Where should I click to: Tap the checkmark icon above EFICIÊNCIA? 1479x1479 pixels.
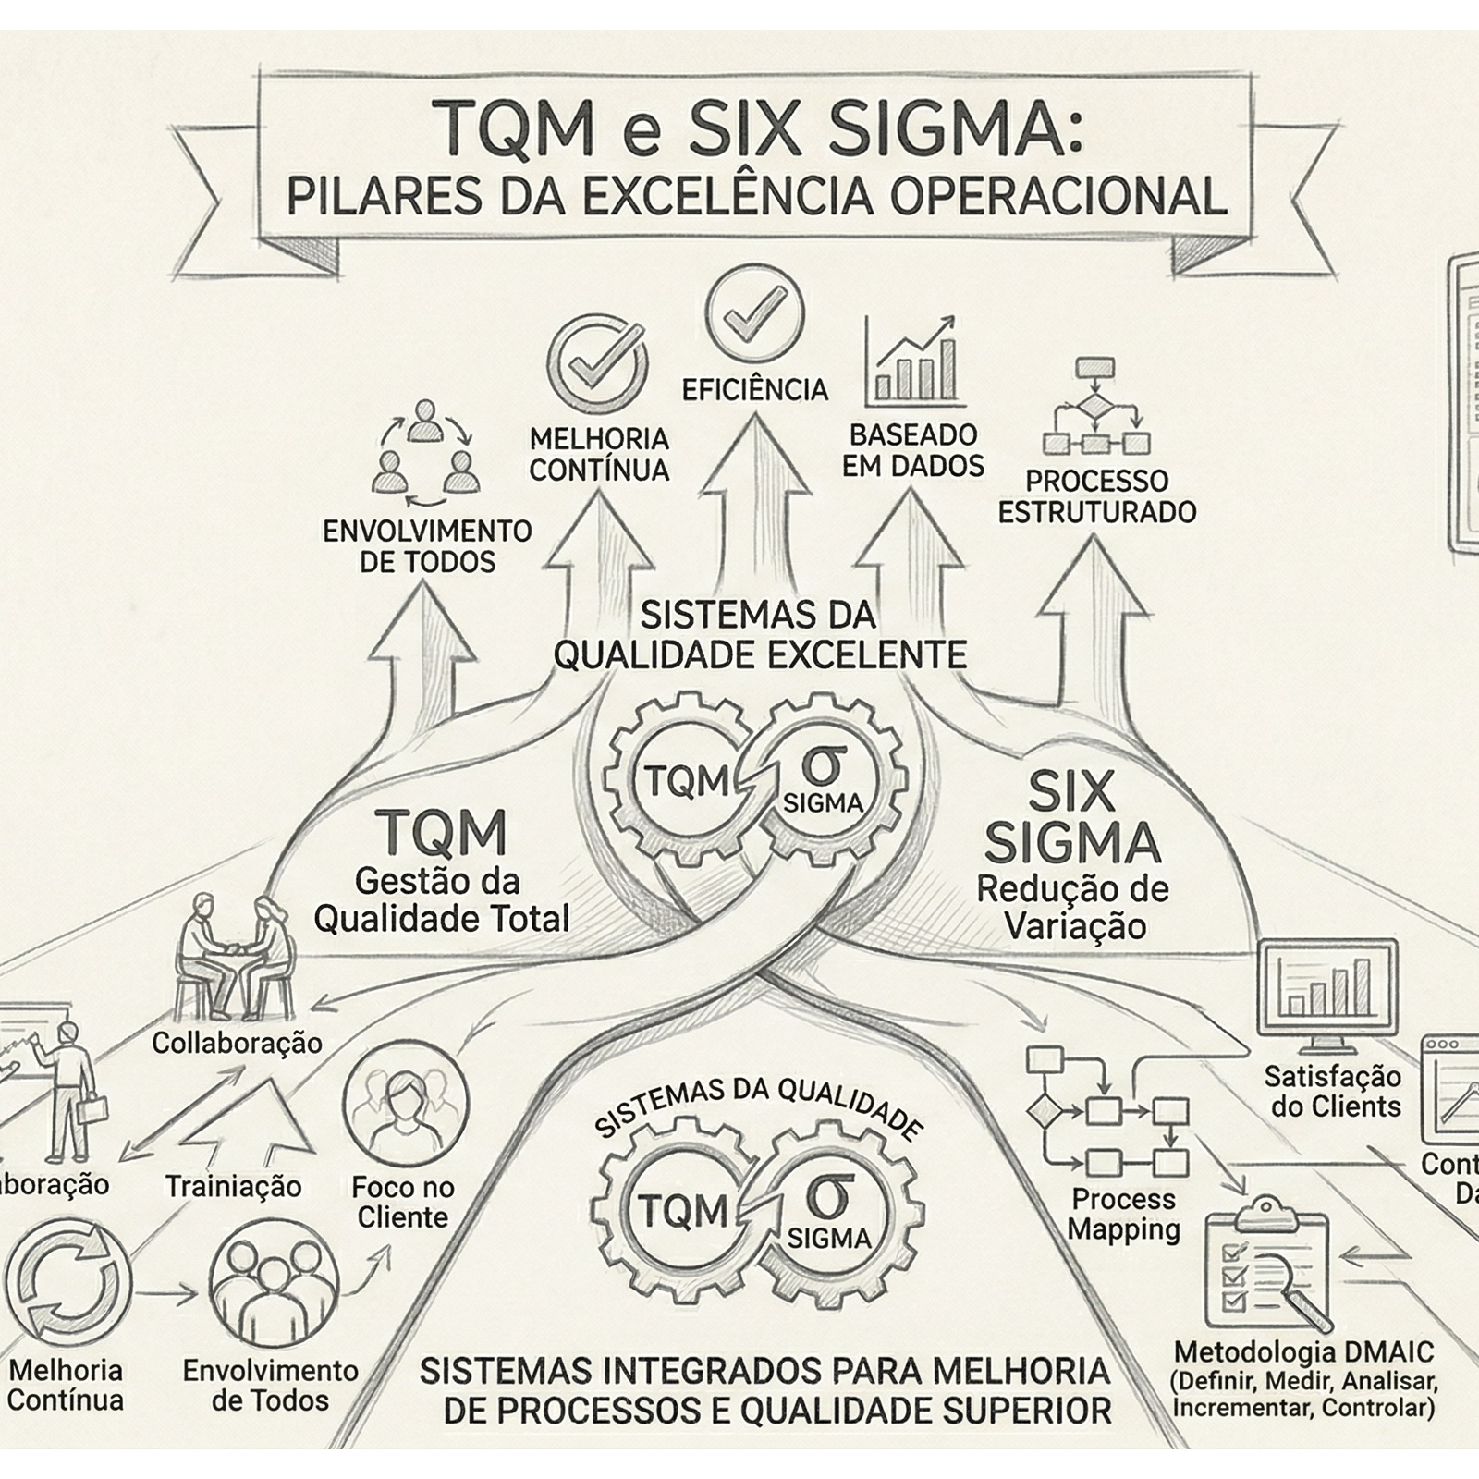(754, 314)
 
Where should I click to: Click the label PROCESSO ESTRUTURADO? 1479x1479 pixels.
(1097, 496)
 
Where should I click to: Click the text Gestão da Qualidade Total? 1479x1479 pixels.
(441, 900)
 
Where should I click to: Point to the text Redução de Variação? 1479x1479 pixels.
(1073, 907)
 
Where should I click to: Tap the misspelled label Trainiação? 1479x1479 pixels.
(233, 1186)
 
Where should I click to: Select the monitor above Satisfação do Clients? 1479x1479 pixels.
(1327, 996)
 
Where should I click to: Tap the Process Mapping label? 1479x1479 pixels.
(1124, 1215)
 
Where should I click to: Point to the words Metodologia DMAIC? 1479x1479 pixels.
(1303, 1352)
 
